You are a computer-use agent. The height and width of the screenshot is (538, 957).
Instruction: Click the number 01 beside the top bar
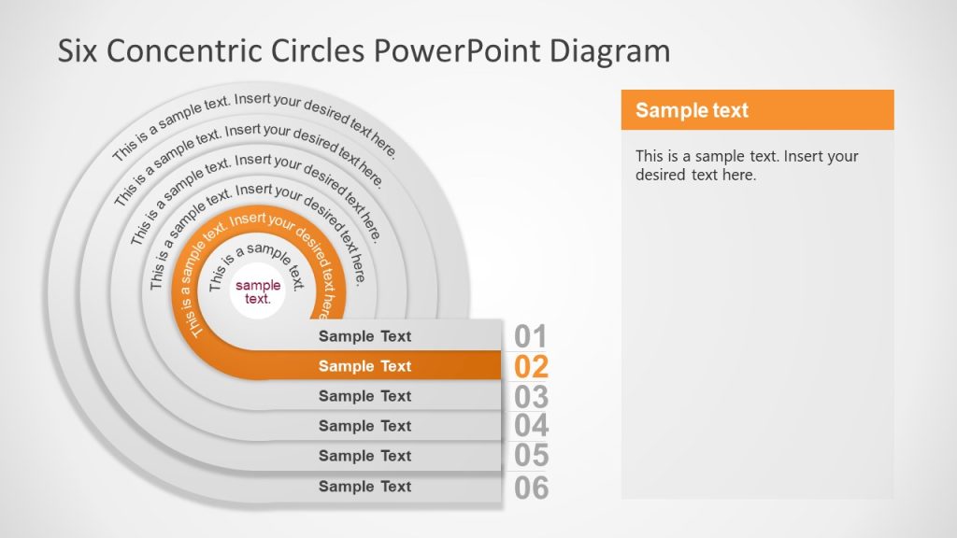tap(531, 336)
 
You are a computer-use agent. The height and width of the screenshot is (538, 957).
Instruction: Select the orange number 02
tap(531, 366)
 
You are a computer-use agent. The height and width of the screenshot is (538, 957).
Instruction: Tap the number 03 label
tap(531, 396)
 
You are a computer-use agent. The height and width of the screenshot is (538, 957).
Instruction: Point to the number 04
tap(531, 426)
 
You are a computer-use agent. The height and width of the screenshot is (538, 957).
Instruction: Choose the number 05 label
tap(531, 456)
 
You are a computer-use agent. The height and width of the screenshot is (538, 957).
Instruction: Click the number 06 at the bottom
tap(531, 487)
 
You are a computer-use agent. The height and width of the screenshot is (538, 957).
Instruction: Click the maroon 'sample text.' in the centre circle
tap(258, 292)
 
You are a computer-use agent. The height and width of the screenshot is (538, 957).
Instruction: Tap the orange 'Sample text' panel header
tap(757, 110)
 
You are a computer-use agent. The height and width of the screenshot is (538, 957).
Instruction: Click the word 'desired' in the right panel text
tap(661, 175)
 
